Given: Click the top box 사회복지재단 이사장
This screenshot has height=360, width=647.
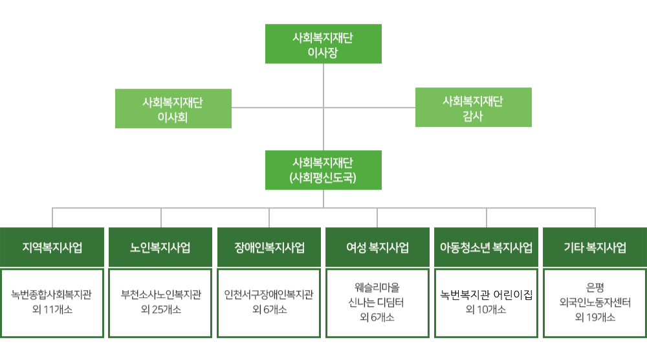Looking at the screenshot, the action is click(323, 44).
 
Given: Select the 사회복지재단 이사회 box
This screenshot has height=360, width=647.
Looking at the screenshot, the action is click(173, 109).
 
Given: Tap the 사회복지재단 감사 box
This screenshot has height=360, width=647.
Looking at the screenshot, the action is click(474, 107).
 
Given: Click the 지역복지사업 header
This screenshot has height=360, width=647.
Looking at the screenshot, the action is click(52, 247).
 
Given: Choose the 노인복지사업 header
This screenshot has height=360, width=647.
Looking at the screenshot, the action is click(160, 247).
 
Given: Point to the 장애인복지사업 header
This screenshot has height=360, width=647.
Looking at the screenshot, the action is click(269, 247).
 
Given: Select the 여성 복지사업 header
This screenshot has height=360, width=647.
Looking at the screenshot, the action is click(377, 247).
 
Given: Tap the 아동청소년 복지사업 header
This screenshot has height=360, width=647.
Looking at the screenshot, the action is click(486, 247).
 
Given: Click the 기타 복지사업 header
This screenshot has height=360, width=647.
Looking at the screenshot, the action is click(595, 247).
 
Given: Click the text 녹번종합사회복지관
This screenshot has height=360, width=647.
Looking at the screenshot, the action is click(52, 295).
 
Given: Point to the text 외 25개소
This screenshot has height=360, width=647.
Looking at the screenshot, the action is click(161, 309).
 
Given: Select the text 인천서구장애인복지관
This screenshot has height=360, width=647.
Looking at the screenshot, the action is click(269, 295).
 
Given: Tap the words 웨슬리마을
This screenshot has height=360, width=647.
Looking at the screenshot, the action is click(377, 287).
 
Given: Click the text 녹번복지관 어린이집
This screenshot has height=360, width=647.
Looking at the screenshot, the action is click(486, 295).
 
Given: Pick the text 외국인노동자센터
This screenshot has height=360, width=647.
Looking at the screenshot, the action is click(595, 302).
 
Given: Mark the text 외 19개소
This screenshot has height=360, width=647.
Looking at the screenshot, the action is click(595, 317).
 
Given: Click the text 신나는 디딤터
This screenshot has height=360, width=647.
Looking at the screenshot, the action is click(376, 302).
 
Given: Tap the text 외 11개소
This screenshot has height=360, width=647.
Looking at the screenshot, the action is click(52, 309).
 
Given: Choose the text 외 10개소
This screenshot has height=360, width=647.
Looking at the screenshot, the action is click(486, 309).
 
